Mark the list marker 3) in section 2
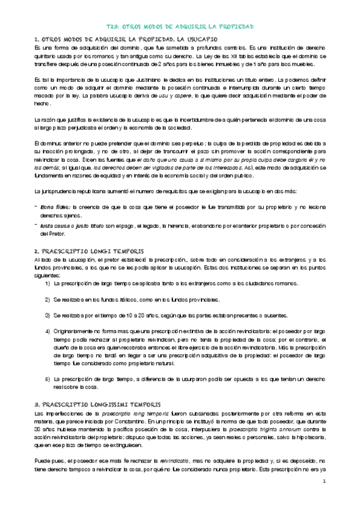click(47, 315)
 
